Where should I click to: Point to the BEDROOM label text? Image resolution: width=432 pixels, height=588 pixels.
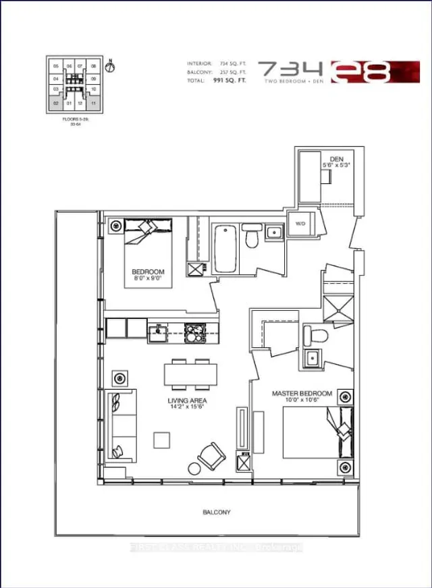[x=148, y=272]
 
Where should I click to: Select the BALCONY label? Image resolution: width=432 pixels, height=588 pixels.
[x=217, y=512]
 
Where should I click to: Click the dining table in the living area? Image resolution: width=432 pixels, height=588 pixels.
[x=191, y=373]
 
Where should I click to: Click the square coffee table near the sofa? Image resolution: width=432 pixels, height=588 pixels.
[x=162, y=440]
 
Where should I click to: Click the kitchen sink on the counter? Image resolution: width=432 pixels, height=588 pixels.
[x=160, y=330]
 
